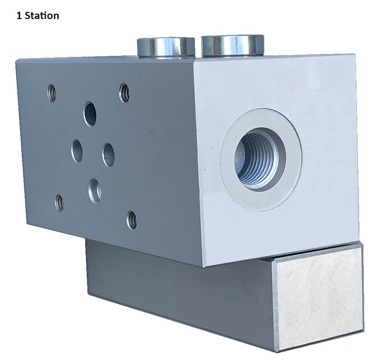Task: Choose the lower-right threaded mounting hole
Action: point(131,220)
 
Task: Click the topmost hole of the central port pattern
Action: point(90,113)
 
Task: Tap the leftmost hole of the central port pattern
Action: point(77,151)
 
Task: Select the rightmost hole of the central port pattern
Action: point(109,154)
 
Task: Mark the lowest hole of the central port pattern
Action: point(95,190)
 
